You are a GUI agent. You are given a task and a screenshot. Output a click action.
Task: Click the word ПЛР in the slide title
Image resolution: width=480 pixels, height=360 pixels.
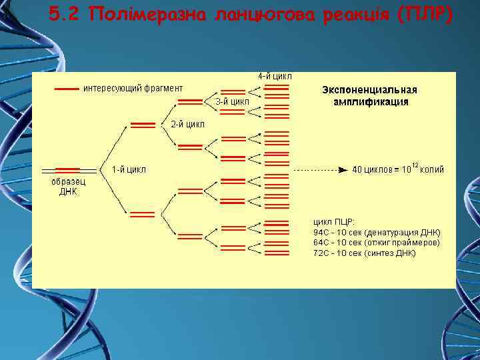tap(427, 15)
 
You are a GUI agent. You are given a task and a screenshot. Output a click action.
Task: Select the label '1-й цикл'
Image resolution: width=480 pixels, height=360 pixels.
tap(129, 169)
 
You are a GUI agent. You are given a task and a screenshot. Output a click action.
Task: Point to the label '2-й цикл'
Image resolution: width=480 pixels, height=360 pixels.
tap(188, 124)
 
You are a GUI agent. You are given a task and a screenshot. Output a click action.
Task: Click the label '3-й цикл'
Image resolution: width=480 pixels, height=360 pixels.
tap(232, 101)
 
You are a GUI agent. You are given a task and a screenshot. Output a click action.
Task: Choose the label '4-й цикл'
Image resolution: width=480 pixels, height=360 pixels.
tap(275, 76)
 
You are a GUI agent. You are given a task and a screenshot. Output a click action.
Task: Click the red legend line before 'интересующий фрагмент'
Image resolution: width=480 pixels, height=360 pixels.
tap(67, 88)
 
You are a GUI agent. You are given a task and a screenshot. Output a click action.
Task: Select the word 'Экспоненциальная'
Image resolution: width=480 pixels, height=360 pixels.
tap(369, 90)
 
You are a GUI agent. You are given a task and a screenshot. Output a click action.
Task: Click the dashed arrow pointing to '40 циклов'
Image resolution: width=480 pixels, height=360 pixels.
tap(320, 169)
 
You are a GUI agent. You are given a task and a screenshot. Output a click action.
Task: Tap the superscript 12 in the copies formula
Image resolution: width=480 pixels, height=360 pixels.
tap(415, 164)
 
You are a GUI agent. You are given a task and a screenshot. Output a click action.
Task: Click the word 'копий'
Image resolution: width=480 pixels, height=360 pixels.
tap(432, 169)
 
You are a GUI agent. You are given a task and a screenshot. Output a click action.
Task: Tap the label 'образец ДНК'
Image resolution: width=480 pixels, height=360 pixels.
tap(69, 187)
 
